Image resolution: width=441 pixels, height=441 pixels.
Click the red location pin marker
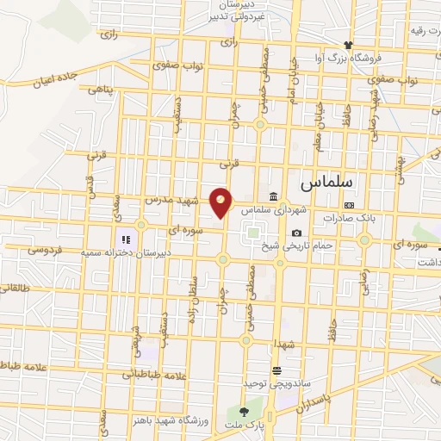coord(221,201)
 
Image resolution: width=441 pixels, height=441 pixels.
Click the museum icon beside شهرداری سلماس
coord(273,196)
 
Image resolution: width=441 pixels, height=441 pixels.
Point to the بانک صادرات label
coord(351,218)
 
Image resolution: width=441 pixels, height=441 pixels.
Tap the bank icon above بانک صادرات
coord(350,205)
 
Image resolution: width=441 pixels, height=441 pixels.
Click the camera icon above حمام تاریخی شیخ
coord(296,233)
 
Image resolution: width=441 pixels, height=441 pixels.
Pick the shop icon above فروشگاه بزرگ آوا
coord(348,44)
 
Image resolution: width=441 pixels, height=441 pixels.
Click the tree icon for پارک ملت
coord(245,413)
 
